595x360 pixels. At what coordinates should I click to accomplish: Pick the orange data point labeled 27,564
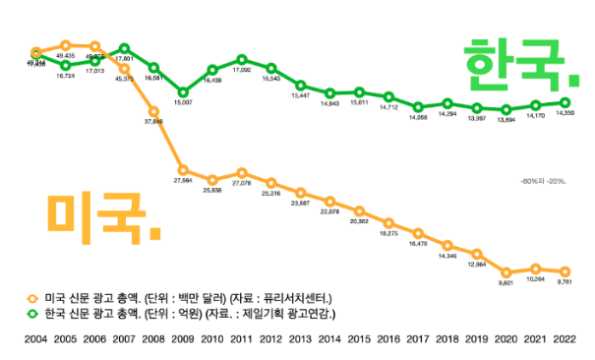click(183, 170)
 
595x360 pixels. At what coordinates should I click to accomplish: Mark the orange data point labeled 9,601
click(506, 272)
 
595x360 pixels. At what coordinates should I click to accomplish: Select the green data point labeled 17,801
click(124, 48)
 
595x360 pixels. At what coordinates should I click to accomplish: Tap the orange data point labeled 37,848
click(153, 111)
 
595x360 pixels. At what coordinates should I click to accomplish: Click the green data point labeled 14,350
click(565, 101)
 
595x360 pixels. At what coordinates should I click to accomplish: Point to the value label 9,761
click(565, 282)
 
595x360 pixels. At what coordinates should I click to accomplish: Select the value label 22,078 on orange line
click(330, 212)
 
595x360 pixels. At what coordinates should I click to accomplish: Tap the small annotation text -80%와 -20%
click(543, 181)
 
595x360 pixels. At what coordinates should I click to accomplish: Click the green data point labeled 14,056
click(419, 106)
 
